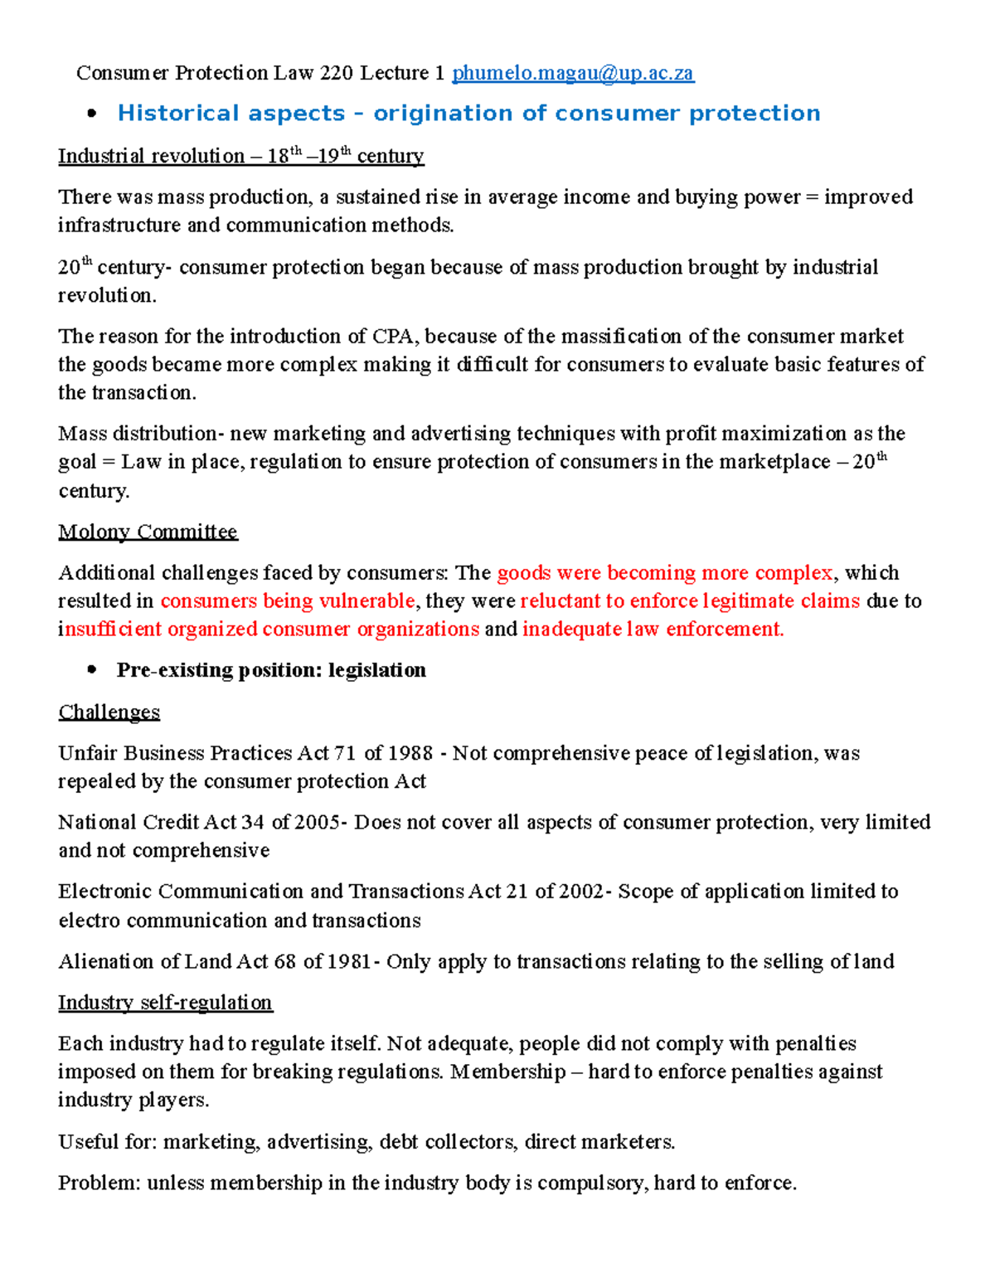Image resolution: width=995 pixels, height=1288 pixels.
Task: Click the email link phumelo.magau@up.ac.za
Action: [x=573, y=74]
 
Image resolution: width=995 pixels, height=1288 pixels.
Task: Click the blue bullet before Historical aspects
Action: [x=92, y=114]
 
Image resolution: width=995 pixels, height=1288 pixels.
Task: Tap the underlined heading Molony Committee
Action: [x=148, y=532]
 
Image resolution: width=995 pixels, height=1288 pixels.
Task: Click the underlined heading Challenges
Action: [x=109, y=712]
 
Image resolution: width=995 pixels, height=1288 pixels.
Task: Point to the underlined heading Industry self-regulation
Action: [x=165, y=1003]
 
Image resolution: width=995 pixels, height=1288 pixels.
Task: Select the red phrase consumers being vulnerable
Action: [x=288, y=601]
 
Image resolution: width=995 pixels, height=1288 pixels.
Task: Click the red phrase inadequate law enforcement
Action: [x=653, y=629]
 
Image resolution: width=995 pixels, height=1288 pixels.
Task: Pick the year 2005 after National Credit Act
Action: [x=318, y=823]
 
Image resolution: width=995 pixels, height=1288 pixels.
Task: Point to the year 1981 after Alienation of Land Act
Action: [x=350, y=962]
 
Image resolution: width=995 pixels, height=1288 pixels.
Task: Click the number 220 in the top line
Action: [x=337, y=74]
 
